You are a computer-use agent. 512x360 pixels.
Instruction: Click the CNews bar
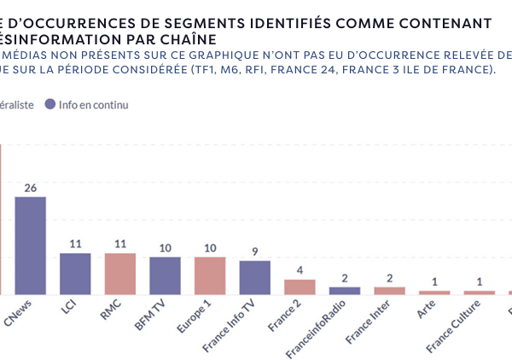(30, 246)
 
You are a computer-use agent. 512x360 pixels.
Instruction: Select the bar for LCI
(75, 274)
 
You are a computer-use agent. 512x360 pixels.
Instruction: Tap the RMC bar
(119, 274)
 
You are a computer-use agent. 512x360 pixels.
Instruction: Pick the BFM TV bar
(165, 276)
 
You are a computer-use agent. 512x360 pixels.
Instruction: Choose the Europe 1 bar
(210, 276)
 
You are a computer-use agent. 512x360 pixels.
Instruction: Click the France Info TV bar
(254, 277)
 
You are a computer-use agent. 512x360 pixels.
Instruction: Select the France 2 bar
(300, 287)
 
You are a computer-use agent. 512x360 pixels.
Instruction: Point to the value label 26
(30, 188)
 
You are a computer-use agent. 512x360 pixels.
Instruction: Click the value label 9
(254, 251)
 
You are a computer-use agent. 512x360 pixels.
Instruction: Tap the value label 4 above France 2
(300, 270)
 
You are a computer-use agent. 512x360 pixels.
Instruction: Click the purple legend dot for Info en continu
(50, 104)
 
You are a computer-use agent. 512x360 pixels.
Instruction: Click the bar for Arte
(434, 292)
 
